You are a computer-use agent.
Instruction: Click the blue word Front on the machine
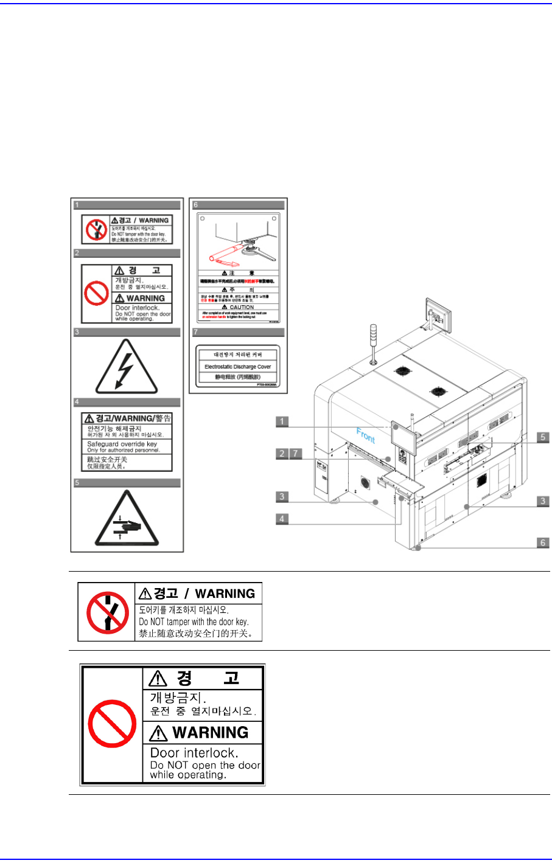pyautogui.click(x=366, y=435)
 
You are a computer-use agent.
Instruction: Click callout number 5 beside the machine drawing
pyautogui.click(x=543, y=437)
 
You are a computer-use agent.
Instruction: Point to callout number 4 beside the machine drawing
pyautogui.click(x=282, y=519)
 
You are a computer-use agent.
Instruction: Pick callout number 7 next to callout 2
pyautogui.click(x=295, y=453)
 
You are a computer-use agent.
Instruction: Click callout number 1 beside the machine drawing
pyautogui.click(x=282, y=421)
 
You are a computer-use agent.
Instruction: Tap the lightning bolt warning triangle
pyautogui.click(x=126, y=367)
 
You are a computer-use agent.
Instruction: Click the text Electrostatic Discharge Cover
pyautogui.click(x=237, y=367)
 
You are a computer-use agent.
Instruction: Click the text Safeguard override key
pyautogui.click(x=122, y=444)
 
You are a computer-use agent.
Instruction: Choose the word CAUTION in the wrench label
pyautogui.click(x=242, y=307)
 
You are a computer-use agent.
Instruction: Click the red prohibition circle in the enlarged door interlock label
pyautogui.click(x=112, y=724)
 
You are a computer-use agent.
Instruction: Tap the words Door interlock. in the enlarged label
pyautogui.click(x=194, y=753)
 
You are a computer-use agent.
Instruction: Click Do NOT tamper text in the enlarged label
pyautogui.click(x=194, y=622)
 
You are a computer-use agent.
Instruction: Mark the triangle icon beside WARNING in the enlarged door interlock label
pyautogui.click(x=159, y=733)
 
